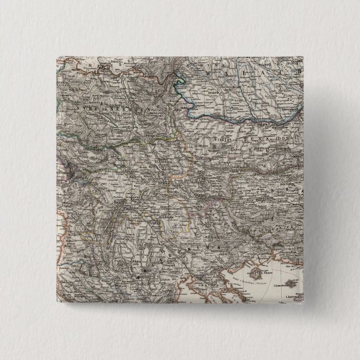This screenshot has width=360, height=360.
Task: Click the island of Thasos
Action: point(256,276)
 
